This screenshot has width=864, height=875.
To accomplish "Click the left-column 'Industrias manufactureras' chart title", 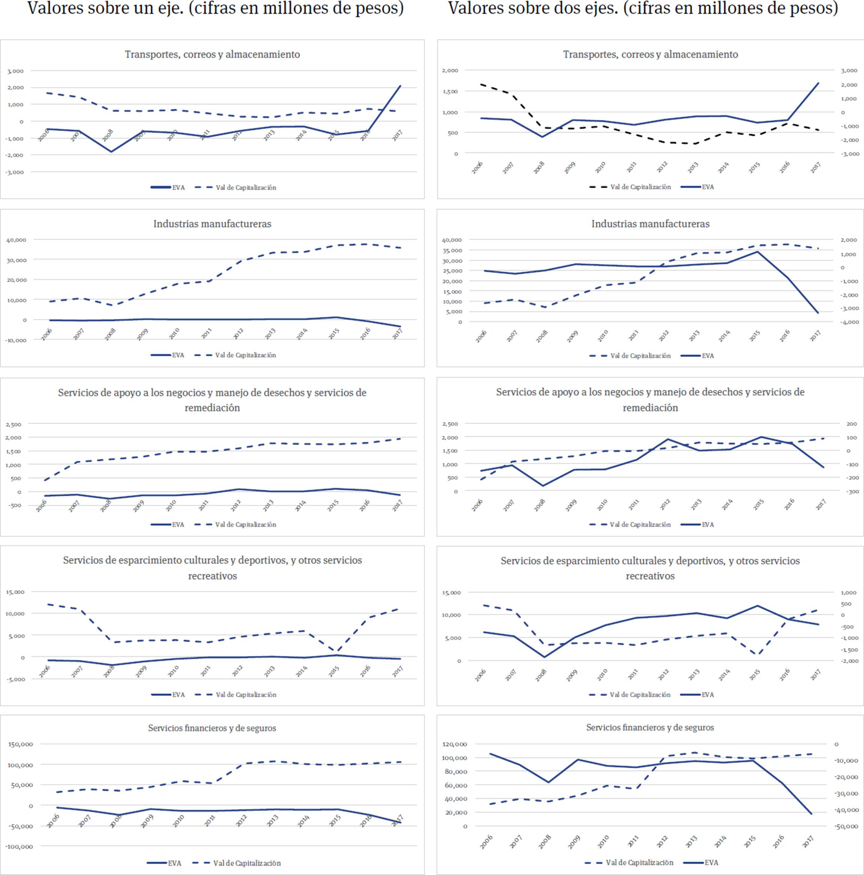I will pos(212,224).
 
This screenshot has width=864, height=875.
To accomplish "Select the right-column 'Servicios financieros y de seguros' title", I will pos(650,727).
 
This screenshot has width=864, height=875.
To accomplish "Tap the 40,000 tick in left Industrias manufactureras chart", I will pos(16,240).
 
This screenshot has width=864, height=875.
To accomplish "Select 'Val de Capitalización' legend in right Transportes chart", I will pos(640,187).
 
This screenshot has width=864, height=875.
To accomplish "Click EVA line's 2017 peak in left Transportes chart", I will pos(400,86).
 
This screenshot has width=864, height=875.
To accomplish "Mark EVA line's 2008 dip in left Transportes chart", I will pos(111,151).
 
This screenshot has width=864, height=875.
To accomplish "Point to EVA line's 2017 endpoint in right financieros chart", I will pos(811,814).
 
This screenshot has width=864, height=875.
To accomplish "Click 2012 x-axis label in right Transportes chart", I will pos(662,167).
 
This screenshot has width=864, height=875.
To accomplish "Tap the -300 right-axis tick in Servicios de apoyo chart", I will pos(851,492).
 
